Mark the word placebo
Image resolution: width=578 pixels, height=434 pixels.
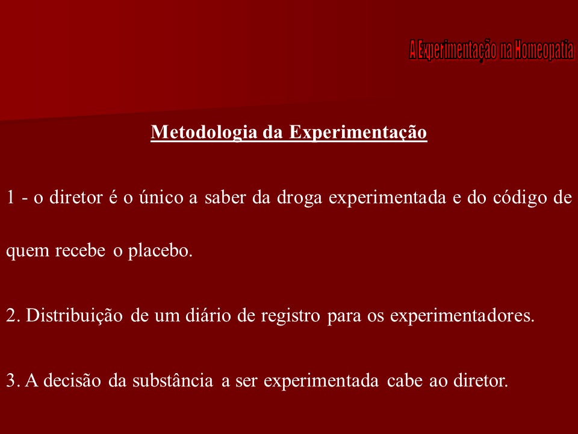pyautogui.click(x=160, y=251)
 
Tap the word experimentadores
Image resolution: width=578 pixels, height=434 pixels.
pyautogui.click(x=462, y=315)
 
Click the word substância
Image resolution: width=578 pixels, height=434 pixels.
pyautogui.click(x=163, y=380)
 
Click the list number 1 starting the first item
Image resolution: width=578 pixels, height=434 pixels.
pyautogui.click(x=10, y=198)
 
